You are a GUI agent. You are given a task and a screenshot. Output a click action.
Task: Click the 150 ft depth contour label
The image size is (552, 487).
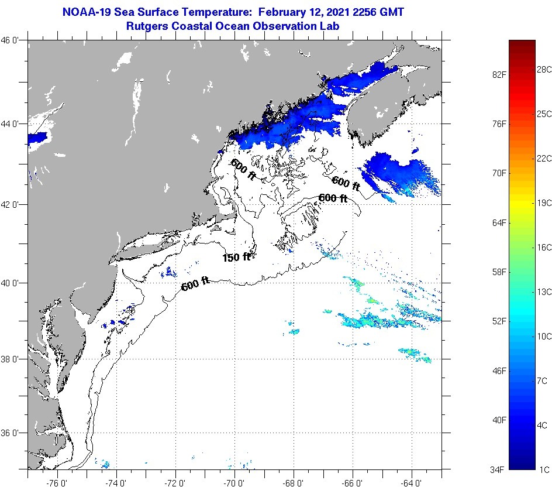(x=236, y=257)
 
